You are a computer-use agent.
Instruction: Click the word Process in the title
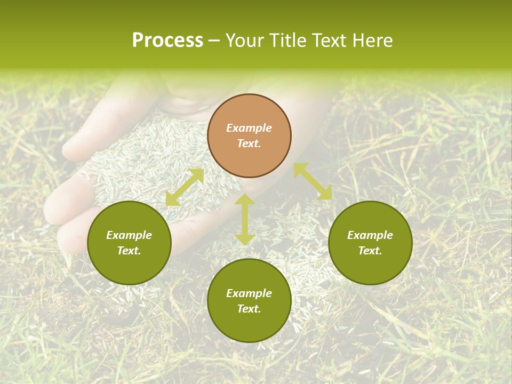[167, 41]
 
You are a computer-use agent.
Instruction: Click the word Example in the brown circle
[249, 128]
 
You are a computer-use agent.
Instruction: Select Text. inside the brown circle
[249, 143]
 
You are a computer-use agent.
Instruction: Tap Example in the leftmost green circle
[129, 235]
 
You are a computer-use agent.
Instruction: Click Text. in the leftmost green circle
[129, 251]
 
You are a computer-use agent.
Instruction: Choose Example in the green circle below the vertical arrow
[249, 293]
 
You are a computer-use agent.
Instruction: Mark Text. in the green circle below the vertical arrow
[249, 309]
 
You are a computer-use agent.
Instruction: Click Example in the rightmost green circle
[370, 235]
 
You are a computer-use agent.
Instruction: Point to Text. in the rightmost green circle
[370, 251]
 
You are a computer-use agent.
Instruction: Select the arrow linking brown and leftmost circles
[185, 187]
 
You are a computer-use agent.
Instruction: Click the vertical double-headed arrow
[245, 220]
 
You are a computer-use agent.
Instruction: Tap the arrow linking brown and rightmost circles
[313, 181]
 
